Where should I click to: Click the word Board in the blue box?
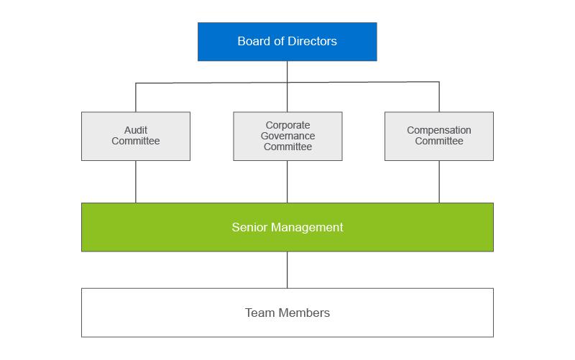click(x=252, y=41)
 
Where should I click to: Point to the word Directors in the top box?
click(x=313, y=41)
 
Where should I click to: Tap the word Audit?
click(x=135, y=131)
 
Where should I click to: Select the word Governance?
click(x=287, y=136)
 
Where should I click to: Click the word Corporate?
click(x=287, y=125)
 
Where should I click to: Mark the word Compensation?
click(x=438, y=131)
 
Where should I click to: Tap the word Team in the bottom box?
click(x=259, y=313)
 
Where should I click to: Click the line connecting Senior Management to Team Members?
click(x=287, y=269)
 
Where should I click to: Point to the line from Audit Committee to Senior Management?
click(x=136, y=181)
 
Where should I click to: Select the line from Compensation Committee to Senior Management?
click(x=439, y=181)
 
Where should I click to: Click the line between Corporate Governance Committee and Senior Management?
click(x=287, y=181)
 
